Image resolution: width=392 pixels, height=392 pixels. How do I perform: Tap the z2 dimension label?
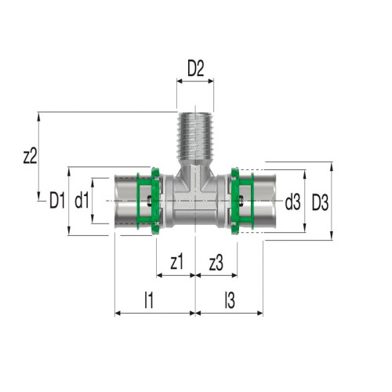[30, 155]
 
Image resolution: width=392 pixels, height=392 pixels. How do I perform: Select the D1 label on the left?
[56, 201]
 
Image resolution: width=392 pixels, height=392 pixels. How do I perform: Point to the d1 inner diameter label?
[82, 201]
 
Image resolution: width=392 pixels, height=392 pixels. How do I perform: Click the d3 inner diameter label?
[292, 201]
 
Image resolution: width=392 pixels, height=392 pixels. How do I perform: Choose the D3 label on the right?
[319, 201]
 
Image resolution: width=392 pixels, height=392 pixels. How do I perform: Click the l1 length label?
[148, 298]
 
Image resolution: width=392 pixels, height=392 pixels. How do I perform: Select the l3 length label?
[228, 298]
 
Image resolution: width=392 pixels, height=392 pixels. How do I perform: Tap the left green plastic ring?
[150, 201]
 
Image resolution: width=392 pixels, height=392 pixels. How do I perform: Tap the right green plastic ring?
[241, 201]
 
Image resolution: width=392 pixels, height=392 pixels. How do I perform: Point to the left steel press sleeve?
[127, 201]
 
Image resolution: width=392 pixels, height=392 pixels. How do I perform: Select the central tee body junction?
[195, 200]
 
